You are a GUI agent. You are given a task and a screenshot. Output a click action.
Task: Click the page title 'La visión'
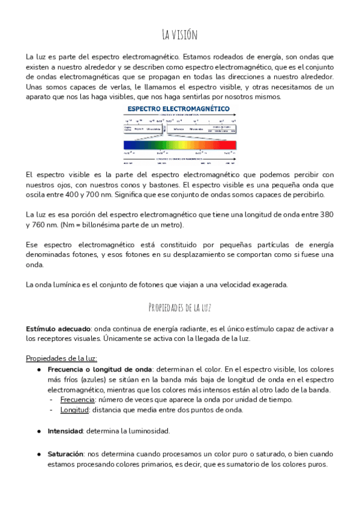click(179, 34)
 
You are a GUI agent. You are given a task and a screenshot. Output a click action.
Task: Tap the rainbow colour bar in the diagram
click(180, 145)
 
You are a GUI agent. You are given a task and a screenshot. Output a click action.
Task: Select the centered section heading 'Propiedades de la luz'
click(179, 308)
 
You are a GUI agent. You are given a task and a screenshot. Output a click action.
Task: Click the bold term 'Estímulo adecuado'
click(58, 329)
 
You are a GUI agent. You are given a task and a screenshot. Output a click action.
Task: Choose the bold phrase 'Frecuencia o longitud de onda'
click(99, 369)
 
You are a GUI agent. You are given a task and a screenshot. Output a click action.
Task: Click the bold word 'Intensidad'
click(65, 431)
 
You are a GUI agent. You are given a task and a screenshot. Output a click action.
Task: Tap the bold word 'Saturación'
click(65, 454)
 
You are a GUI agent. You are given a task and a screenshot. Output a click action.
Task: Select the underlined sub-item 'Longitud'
click(74, 410)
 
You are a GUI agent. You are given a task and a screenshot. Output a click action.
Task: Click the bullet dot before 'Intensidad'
click(39, 431)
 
